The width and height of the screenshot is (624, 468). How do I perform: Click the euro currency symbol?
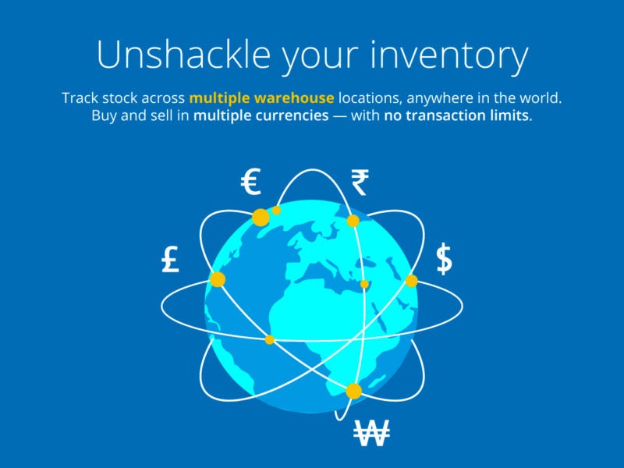coord(250,182)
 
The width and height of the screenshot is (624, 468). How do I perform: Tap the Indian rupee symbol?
coord(360,183)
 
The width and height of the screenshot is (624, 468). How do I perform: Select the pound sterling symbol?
coord(170,259)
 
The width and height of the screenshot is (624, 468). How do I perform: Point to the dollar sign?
coord(444,259)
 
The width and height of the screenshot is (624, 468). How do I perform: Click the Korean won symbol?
coord(372,433)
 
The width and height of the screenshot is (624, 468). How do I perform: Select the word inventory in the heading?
coord(449,56)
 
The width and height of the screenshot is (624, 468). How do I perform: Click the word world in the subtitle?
coord(542,98)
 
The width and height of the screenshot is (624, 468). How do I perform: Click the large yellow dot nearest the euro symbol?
coord(261,218)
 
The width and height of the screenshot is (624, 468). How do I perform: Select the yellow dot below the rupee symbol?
coord(353,221)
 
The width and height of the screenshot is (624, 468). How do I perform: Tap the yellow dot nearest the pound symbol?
coord(218,279)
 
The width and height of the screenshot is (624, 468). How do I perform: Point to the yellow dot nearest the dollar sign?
coord(412,281)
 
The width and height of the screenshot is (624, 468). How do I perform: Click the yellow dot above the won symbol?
coord(354,392)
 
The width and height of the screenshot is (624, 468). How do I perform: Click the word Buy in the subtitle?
coord(104,115)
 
